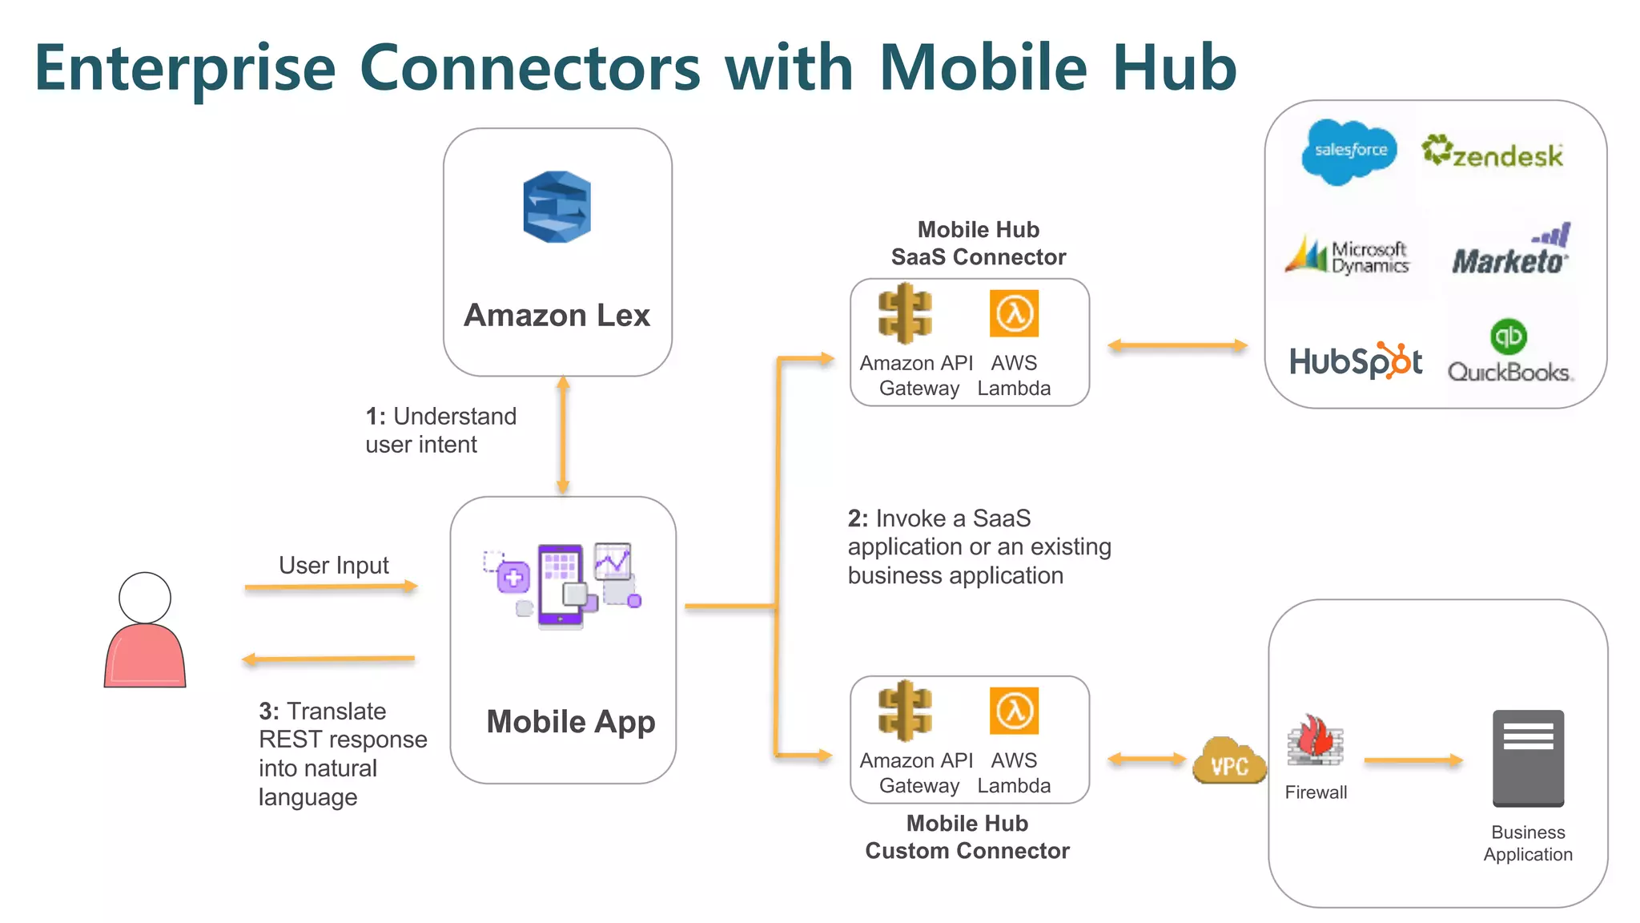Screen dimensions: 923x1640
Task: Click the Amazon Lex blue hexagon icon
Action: click(557, 207)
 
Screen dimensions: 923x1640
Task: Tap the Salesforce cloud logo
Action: click(1349, 151)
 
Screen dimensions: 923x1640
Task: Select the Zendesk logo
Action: click(1493, 152)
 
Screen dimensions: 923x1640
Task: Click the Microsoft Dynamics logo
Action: click(1347, 256)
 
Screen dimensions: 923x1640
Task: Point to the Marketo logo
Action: click(1510, 252)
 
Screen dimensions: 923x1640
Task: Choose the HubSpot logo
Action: click(1355, 361)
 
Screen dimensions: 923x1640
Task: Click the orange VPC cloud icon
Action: click(1229, 761)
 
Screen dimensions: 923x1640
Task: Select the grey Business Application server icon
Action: click(1528, 758)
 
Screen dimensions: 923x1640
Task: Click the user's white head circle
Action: click(145, 598)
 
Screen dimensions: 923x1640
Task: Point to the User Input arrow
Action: click(331, 586)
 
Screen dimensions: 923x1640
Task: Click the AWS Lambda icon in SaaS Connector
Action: click(1014, 313)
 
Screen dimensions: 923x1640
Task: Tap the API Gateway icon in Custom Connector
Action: click(905, 710)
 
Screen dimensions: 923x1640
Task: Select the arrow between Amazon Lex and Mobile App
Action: click(563, 435)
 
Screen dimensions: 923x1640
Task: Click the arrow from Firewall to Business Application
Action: click(1413, 760)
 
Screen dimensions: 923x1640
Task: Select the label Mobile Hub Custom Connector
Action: click(967, 837)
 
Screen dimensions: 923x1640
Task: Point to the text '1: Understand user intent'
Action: click(440, 430)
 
